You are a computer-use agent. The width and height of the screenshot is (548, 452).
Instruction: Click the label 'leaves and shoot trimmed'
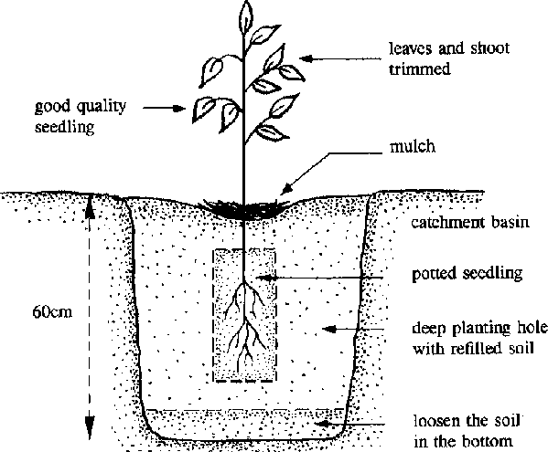click(x=449, y=58)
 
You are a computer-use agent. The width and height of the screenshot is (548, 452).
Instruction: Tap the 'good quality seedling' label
click(x=81, y=116)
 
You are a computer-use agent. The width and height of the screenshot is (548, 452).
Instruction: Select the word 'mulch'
click(x=413, y=146)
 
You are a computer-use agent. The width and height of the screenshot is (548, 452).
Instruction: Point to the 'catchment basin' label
click(x=470, y=222)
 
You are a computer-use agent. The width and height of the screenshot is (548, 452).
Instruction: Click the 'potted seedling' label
click(x=467, y=274)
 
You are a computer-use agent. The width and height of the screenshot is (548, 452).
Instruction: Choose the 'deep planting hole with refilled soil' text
click(x=480, y=338)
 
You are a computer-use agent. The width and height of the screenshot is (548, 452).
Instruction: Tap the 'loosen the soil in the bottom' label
click(x=467, y=431)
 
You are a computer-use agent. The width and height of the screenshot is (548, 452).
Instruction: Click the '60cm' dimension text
click(x=52, y=311)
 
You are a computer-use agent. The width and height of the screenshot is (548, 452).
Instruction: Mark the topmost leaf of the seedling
click(x=246, y=16)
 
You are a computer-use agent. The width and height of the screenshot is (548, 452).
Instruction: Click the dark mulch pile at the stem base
click(x=244, y=209)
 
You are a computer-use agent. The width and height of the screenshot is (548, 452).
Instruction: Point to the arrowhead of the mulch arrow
click(x=285, y=189)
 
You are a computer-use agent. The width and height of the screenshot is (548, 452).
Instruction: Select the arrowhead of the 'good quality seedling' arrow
click(x=179, y=108)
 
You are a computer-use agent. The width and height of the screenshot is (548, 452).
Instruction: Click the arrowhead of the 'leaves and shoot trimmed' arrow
click(x=306, y=59)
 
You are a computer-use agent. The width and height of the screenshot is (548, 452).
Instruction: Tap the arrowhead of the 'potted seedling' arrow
click(x=263, y=278)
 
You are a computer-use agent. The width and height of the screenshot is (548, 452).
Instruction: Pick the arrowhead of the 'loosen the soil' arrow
click(x=322, y=424)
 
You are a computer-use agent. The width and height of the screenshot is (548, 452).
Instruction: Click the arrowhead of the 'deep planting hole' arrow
click(x=328, y=329)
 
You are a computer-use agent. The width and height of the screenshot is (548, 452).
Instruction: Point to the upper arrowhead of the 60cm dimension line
click(x=90, y=205)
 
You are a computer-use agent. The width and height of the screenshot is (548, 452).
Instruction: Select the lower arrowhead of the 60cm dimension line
click(x=90, y=427)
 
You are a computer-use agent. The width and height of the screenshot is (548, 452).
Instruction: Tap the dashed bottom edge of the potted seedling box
click(x=244, y=381)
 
